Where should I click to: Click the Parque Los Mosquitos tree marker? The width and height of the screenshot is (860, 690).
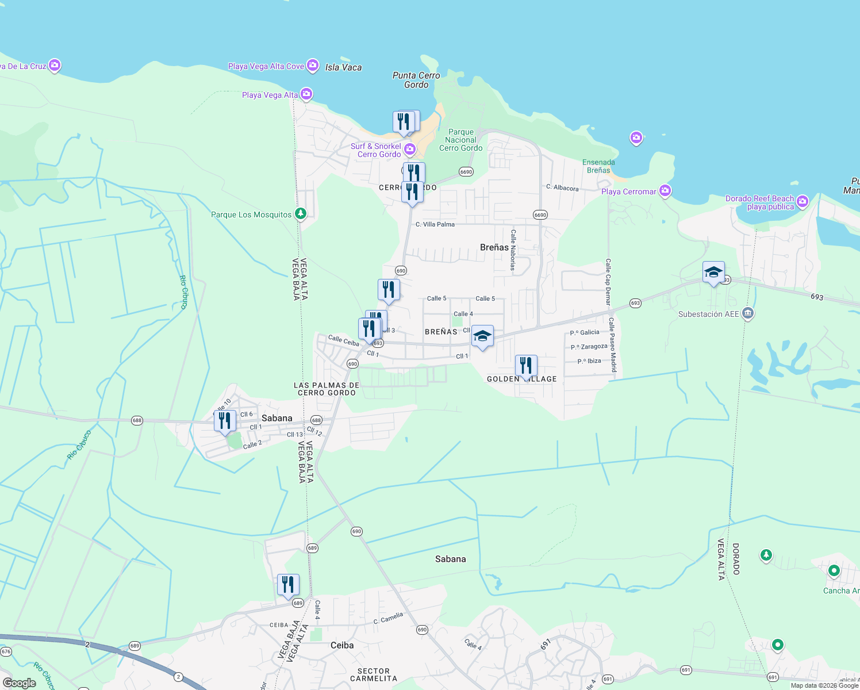point(300,214)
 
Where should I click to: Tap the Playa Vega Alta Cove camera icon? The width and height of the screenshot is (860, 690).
point(313,66)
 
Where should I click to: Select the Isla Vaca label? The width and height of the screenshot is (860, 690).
point(343,67)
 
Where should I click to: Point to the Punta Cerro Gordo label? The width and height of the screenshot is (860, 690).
point(416,80)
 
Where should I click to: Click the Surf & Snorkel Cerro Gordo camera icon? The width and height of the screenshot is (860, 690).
point(409,149)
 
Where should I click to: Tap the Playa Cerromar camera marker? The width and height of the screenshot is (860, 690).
point(665,191)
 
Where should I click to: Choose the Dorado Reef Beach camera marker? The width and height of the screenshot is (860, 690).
point(803,201)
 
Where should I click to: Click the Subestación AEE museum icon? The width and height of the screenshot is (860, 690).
point(748,313)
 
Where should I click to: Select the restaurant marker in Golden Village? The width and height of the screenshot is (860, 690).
point(526,366)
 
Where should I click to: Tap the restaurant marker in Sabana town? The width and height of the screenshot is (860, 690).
point(225,421)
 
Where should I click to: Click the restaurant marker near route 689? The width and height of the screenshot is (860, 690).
point(288,585)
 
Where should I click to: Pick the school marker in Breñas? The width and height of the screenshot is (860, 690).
point(482,336)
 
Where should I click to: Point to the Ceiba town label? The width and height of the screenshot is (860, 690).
point(342,645)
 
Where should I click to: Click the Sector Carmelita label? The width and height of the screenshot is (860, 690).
point(374,674)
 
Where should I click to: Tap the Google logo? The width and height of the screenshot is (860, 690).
point(20,683)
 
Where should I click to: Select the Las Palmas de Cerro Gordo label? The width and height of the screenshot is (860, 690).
point(327,389)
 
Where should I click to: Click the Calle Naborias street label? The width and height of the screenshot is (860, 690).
point(513,250)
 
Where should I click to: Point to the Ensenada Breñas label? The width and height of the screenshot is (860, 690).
point(598,166)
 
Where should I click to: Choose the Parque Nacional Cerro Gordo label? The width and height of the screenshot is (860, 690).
point(461,140)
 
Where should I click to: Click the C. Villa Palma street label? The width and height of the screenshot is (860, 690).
point(435,224)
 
